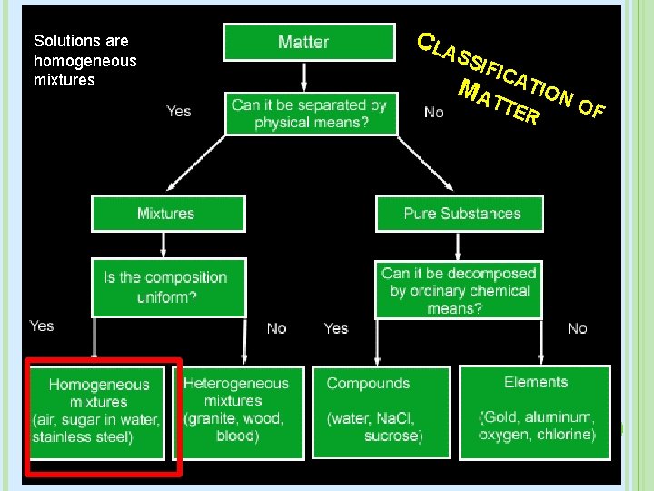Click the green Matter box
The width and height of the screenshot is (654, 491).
coord(303,42)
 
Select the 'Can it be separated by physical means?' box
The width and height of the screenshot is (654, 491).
coord(311,114)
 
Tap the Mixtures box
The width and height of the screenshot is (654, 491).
coord(166,214)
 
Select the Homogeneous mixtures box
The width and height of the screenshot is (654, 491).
coord(98,411)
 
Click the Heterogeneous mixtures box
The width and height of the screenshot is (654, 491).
coord(236,410)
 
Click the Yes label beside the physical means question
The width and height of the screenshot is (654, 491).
coord(179,111)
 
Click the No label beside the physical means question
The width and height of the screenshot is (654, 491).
coord(434,112)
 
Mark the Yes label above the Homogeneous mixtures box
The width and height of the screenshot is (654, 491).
coord(42,326)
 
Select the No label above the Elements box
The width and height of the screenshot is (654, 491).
coord(577,328)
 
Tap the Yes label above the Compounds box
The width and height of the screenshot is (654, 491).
coord(336,327)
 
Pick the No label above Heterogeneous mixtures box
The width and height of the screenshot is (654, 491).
coord(276,327)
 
